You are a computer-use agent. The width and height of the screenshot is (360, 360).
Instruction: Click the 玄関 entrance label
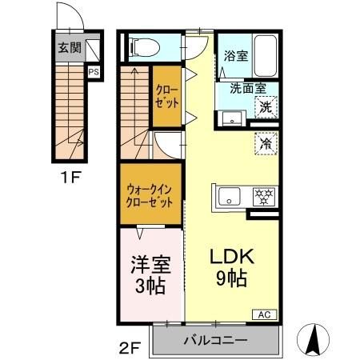click(x=69, y=47)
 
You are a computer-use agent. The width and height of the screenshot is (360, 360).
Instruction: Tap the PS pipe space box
click(x=94, y=71)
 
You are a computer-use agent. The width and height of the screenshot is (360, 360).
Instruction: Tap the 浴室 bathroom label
click(x=235, y=58)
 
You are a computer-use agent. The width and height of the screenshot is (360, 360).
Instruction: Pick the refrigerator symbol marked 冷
click(x=264, y=144)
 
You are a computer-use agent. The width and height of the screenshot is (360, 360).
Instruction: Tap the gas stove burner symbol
click(x=262, y=196)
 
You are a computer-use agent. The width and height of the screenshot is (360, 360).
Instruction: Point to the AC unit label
click(x=263, y=314)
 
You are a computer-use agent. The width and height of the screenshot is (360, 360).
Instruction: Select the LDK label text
click(x=231, y=258)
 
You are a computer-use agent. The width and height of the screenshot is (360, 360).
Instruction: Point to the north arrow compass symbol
click(x=314, y=339)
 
